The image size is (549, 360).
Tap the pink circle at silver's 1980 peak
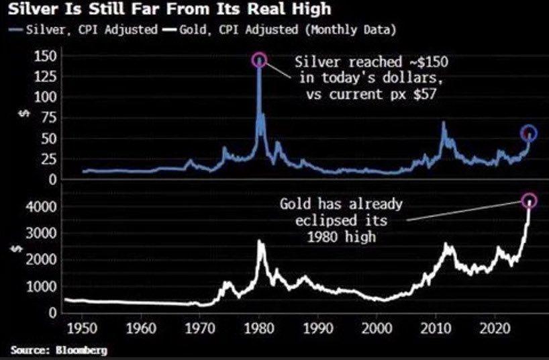pyautogui.click(x=259, y=60)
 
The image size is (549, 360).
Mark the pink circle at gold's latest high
pyautogui.click(x=530, y=200)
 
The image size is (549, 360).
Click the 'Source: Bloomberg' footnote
pyautogui.click(x=59, y=350)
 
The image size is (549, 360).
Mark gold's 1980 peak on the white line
pyautogui.click(x=260, y=242)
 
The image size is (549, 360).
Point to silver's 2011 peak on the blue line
pyautogui.click(x=443, y=122)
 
